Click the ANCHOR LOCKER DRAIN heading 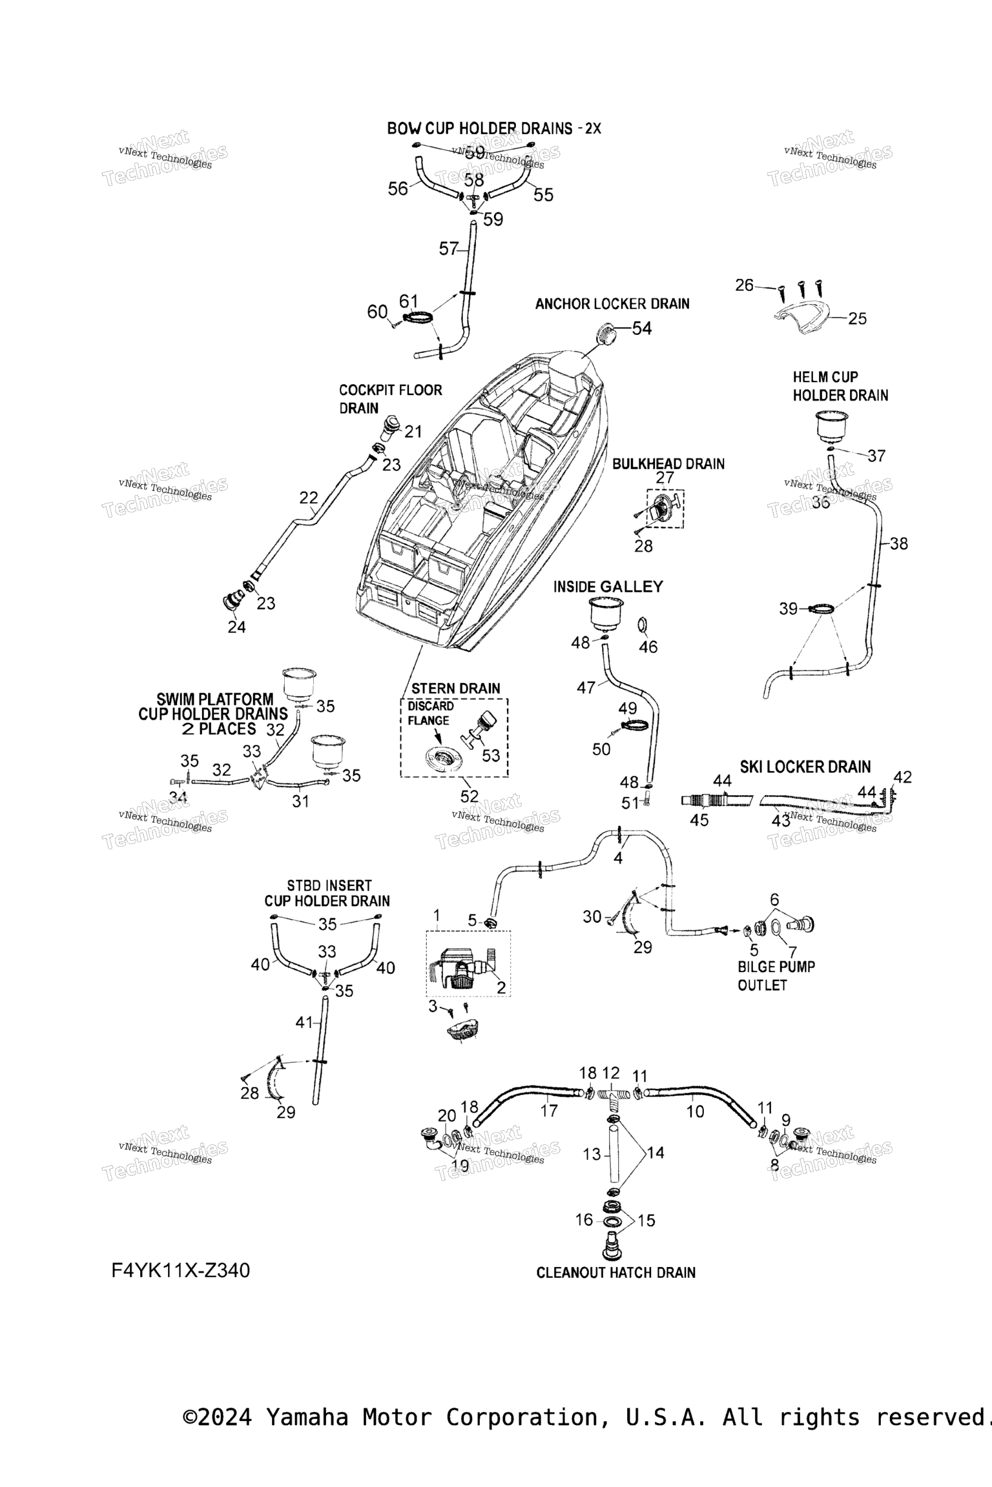click(x=612, y=303)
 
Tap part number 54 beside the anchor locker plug click(x=641, y=329)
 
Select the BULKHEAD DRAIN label click(x=668, y=463)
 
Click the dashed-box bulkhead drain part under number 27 click(x=663, y=509)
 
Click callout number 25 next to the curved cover click(x=857, y=319)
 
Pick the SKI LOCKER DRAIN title click(x=805, y=767)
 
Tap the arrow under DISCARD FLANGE click(x=439, y=736)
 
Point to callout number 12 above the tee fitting click(x=610, y=1073)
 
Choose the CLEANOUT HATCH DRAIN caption click(x=615, y=1273)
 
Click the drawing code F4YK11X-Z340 click(x=180, y=1270)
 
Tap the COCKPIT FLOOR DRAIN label click(x=390, y=399)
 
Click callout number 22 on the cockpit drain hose click(x=309, y=498)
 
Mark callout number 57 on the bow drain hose click(x=448, y=248)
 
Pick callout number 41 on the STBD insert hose click(x=304, y=1022)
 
